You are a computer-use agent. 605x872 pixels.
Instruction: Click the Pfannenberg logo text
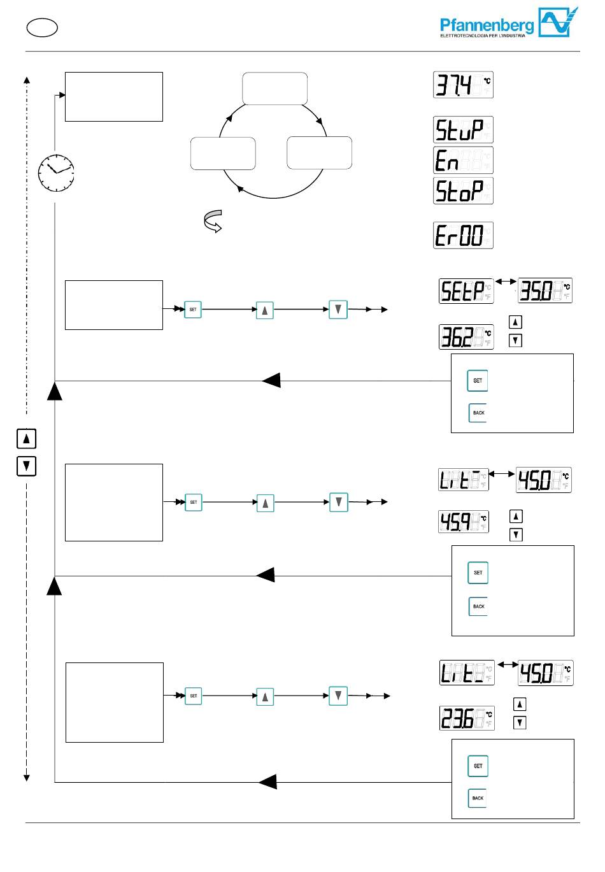487,25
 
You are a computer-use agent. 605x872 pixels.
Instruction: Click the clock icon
56,172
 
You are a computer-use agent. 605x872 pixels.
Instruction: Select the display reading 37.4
463,85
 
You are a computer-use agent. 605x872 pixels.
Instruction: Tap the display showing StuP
463,129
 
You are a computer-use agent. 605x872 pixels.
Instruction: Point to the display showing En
463,160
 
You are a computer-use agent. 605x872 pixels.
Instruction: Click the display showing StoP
463,190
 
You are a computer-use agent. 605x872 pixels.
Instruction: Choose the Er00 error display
463,235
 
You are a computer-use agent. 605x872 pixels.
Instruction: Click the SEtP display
466,291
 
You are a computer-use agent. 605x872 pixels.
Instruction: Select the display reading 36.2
466,337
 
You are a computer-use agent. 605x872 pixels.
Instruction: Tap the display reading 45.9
464,522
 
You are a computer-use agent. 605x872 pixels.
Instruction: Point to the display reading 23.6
467,718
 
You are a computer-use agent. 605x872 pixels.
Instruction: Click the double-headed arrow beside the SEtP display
506,281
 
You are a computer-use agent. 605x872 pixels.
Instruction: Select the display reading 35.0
545,291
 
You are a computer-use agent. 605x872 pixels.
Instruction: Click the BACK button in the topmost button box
478,413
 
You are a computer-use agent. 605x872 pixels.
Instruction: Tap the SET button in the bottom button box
478,766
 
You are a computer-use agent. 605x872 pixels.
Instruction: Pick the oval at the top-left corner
42,27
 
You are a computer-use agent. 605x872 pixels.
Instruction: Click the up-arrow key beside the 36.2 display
516,322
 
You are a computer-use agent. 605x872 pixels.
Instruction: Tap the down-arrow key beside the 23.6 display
520,722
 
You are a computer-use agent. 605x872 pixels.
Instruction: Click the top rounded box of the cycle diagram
275,89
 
